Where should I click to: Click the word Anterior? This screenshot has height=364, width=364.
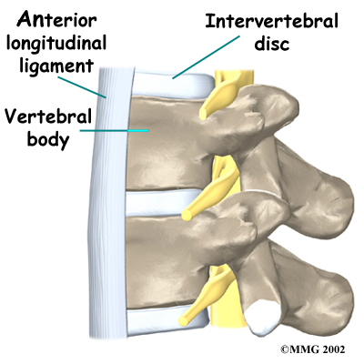click(56, 21)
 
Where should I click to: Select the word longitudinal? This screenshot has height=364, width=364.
click(56, 43)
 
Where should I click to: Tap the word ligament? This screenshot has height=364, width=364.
click(56, 66)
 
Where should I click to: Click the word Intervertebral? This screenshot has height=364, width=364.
click(271, 21)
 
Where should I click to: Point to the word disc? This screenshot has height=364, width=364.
click(272, 43)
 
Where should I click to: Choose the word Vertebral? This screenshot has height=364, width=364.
click(47, 116)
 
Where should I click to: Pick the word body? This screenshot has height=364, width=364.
click(48, 139)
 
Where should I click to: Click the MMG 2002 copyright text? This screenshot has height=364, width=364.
click(312, 349)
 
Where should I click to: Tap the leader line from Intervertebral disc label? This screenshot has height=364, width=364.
click(206, 57)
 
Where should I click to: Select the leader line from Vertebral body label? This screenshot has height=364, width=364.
click(114, 131)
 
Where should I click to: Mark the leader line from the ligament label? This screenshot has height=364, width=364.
click(81, 87)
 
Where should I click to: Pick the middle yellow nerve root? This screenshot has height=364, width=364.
click(210, 188)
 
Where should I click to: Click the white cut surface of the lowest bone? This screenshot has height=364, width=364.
click(262, 318)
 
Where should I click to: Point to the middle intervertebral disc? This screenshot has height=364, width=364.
click(157, 203)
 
